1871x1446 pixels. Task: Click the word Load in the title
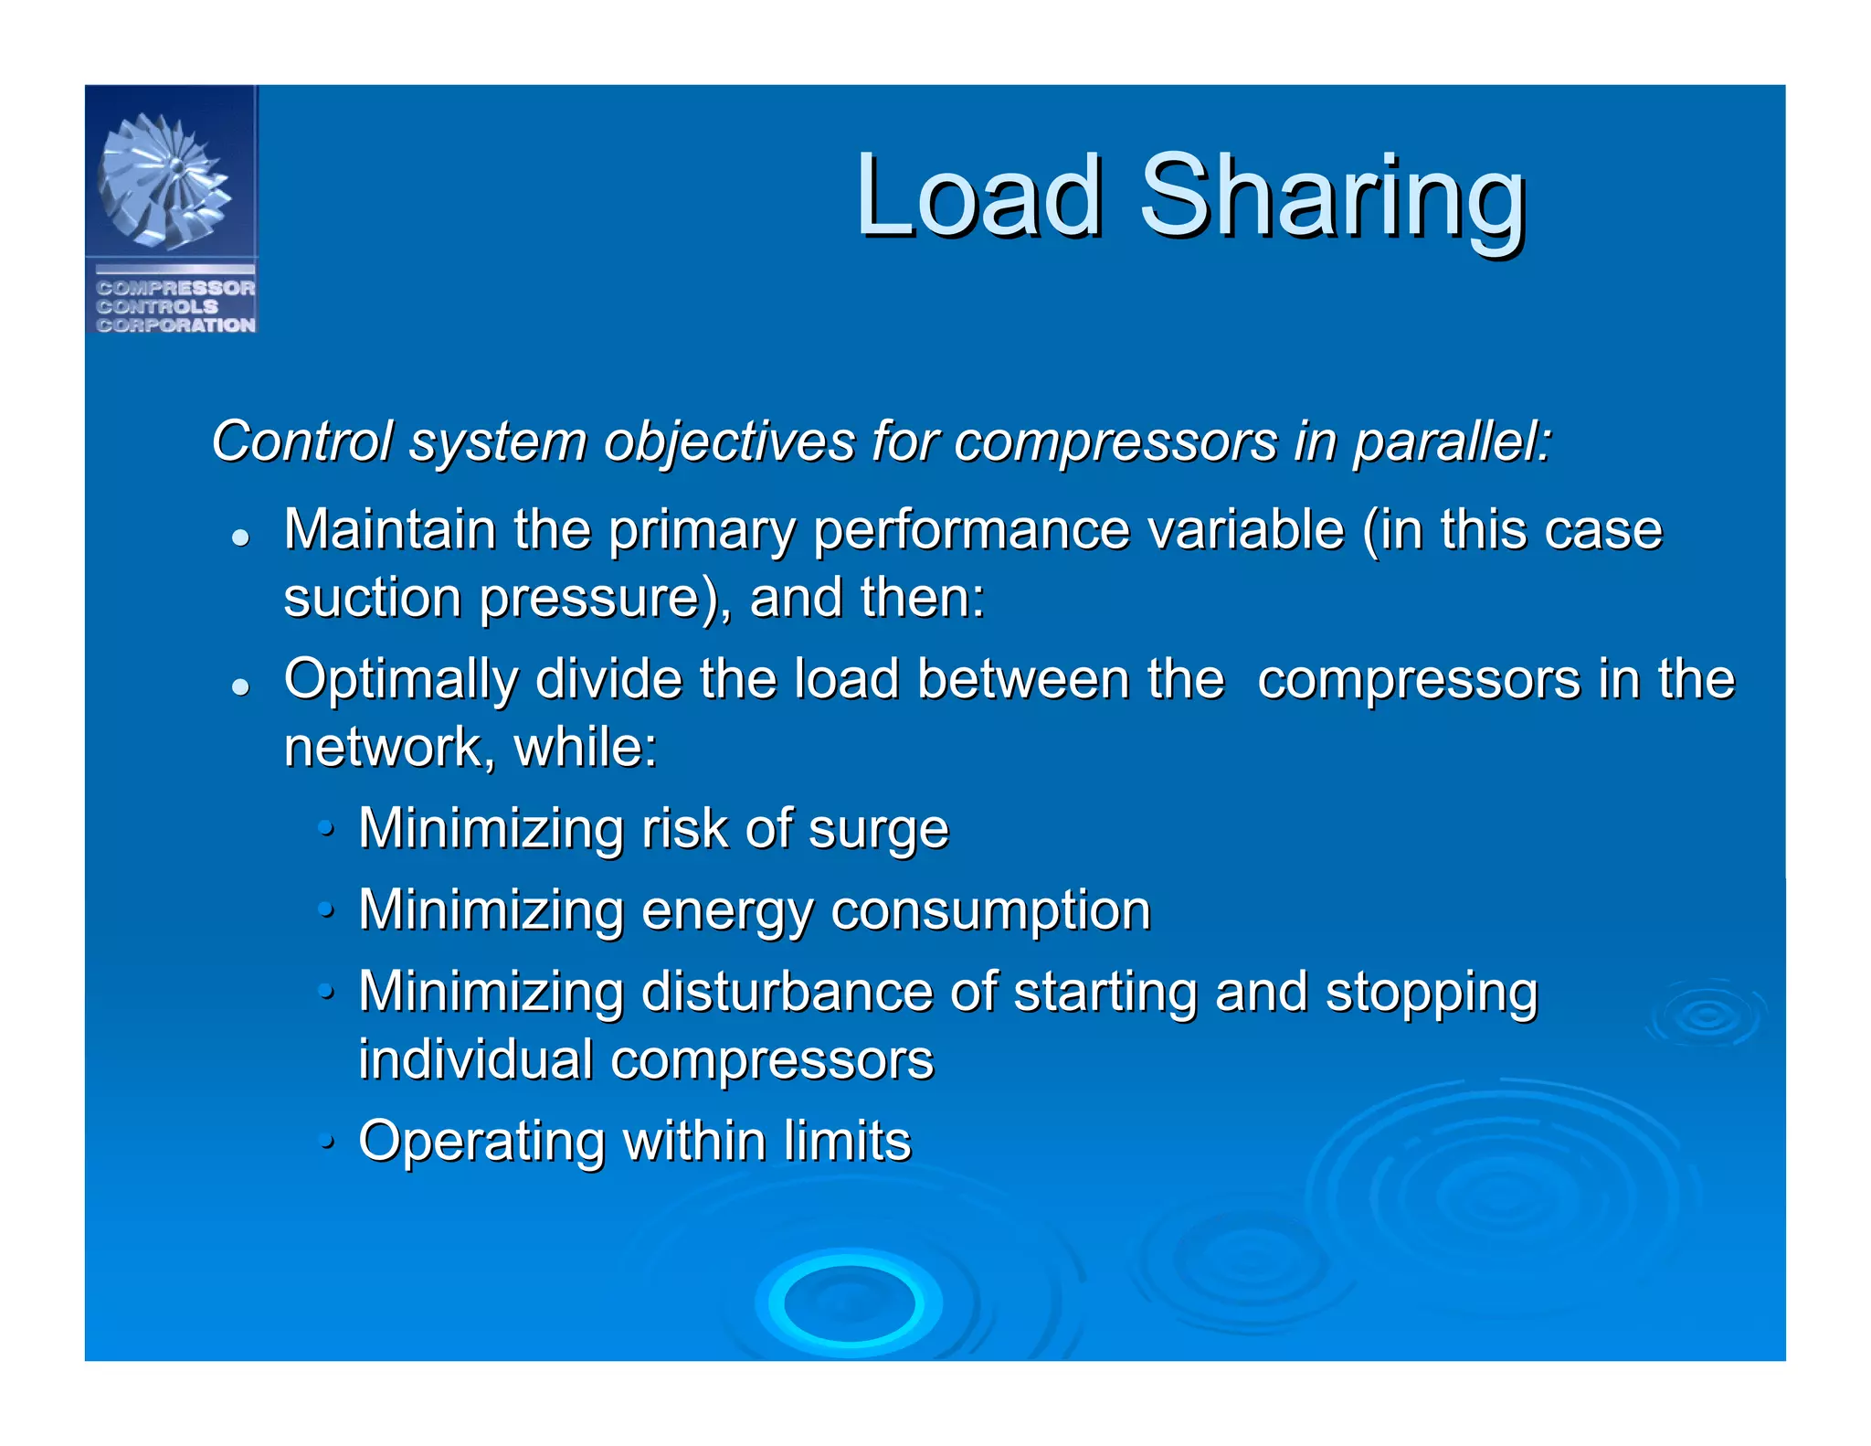click(x=978, y=197)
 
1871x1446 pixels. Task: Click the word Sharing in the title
click(x=1333, y=199)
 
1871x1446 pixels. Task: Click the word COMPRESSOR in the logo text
click(x=175, y=288)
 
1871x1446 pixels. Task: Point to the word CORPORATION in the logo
click(x=175, y=325)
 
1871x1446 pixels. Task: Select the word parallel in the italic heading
click(x=1452, y=441)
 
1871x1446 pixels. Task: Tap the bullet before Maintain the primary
click(x=240, y=537)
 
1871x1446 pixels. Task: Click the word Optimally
click(x=400, y=682)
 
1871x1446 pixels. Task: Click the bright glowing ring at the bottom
click(x=850, y=1303)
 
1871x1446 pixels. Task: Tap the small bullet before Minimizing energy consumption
click(x=326, y=909)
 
